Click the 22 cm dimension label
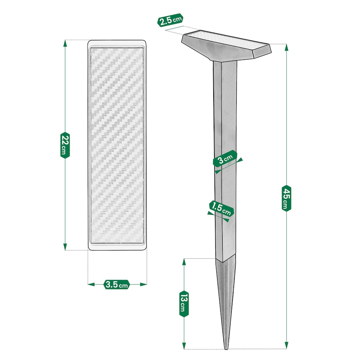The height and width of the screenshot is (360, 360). point(65,145)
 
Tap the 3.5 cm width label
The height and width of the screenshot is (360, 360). point(117,284)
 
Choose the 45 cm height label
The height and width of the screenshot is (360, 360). point(287,198)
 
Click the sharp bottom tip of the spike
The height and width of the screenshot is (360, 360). point(226,348)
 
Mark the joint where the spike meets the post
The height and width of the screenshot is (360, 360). point(225,259)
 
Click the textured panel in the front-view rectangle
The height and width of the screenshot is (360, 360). point(117,145)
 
